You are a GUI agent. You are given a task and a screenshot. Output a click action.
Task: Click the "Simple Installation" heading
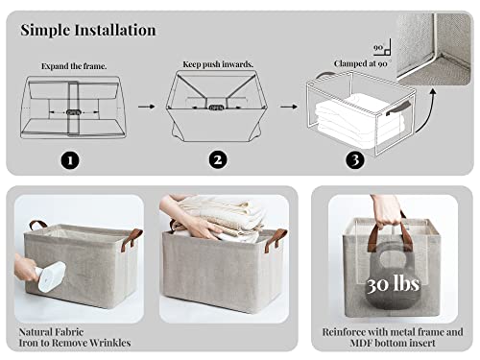click(88, 30)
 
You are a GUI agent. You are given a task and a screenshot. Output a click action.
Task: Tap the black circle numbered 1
click(70, 160)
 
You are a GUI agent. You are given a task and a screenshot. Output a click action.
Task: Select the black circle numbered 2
click(218, 160)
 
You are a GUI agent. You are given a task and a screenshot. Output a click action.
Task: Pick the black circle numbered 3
click(355, 160)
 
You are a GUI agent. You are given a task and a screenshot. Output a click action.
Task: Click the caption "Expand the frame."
click(74, 66)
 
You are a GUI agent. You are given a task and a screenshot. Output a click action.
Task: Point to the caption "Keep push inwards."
click(218, 64)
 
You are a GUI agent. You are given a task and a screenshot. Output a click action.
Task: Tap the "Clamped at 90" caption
click(361, 63)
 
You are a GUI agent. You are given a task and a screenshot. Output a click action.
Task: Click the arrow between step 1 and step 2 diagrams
click(147, 107)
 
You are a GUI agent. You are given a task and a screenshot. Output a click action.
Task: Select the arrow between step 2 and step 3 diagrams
click(289, 107)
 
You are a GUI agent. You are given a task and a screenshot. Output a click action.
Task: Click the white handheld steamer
click(51, 276)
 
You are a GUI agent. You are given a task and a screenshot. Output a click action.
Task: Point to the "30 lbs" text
click(393, 284)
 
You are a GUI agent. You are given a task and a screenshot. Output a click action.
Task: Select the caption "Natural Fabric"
click(51, 332)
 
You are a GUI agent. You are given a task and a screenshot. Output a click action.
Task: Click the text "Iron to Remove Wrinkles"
click(75, 343)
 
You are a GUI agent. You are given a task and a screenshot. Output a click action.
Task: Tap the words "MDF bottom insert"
click(393, 343)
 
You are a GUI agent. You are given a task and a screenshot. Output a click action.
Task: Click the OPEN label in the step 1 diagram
click(74, 112)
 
